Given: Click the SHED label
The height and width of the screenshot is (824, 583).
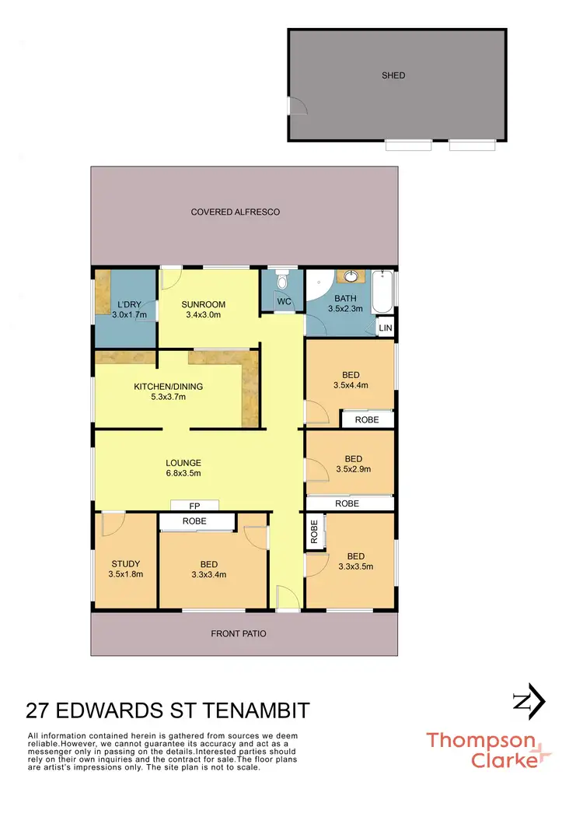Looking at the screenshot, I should (x=393, y=75).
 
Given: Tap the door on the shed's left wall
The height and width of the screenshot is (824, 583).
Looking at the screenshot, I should (x=295, y=106).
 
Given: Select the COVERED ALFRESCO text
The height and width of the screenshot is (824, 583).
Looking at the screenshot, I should (x=236, y=212).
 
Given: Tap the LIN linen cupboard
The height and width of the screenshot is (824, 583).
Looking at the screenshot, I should (x=386, y=329).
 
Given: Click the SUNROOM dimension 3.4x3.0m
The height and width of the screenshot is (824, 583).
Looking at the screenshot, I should (x=203, y=315).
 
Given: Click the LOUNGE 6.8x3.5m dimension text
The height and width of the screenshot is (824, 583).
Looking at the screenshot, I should (x=183, y=473).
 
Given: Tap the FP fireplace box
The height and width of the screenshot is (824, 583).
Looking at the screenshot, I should (x=194, y=505).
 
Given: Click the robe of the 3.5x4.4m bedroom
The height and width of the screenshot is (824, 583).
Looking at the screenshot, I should (x=367, y=419).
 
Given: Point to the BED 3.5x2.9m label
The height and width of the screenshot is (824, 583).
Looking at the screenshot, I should (x=353, y=464).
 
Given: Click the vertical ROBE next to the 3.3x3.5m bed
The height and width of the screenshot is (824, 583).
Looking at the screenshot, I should (x=314, y=533).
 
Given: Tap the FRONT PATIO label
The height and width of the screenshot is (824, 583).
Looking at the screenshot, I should (x=238, y=633).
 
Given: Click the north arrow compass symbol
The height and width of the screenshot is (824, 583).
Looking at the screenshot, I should (x=529, y=701).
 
